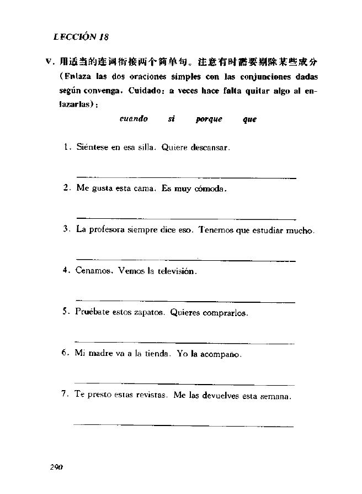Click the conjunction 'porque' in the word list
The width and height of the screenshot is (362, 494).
pos(209,119)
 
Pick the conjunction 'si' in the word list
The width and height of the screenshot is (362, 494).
pos(171,119)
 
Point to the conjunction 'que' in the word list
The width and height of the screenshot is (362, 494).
pos(249,119)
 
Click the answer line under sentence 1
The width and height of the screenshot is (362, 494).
pos(185,177)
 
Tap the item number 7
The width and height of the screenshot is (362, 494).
pos(65,394)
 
